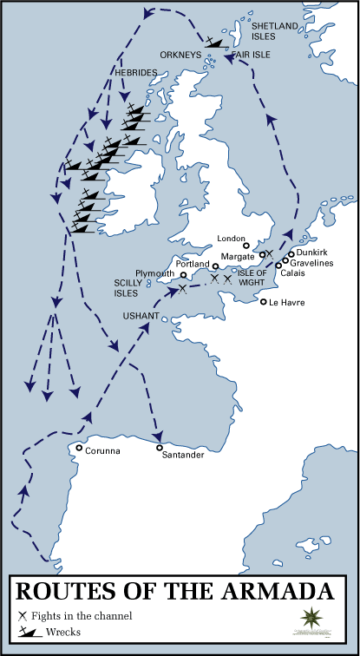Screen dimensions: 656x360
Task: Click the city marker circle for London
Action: (x=246, y=246)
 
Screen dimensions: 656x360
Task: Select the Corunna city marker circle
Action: (x=79, y=449)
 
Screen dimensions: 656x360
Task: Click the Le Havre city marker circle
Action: (x=263, y=302)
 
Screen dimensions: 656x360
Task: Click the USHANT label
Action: (x=141, y=316)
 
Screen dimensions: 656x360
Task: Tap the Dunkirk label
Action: (x=311, y=251)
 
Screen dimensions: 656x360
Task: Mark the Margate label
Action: (x=237, y=258)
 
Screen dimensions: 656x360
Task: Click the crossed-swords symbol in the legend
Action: (x=22, y=616)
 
